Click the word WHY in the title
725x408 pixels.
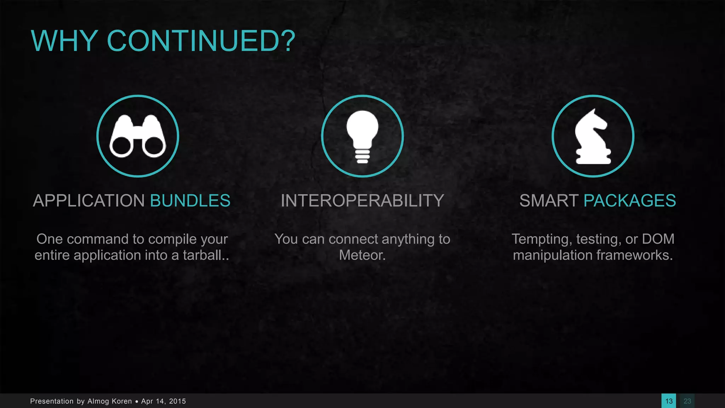click(x=64, y=41)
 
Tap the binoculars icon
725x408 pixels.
click(x=138, y=136)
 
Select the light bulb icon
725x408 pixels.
click(x=362, y=136)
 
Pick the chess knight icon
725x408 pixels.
click(x=593, y=136)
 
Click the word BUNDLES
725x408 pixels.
click(x=190, y=201)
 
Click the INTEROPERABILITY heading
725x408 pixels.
click(x=362, y=201)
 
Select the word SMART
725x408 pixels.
click(x=549, y=201)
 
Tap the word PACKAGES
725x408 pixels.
click(x=629, y=201)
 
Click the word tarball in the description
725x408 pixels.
click(x=202, y=255)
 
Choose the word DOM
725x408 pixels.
click(x=658, y=239)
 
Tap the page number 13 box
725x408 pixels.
click(x=669, y=401)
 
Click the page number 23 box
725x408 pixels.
click(x=687, y=401)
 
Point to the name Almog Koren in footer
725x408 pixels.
click(x=109, y=401)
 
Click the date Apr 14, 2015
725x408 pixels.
click(x=164, y=401)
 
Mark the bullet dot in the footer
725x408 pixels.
click(x=137, y=402)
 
